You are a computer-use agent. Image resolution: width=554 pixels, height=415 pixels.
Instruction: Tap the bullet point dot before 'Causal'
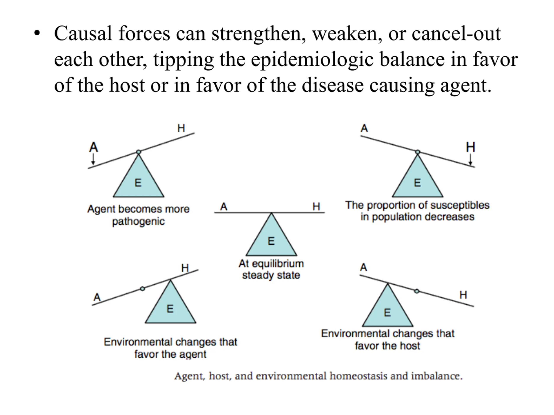pyautogui.click(x=37, y=33)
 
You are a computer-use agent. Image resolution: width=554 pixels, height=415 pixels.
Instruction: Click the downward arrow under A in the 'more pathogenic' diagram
pyautogui.click(x=93, y=159)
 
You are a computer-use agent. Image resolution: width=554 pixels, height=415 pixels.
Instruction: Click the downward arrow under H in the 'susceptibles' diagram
pyautogui.click(x=470, y=160)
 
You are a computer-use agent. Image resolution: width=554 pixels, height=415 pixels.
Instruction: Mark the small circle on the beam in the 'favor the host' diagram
pyautogui.click(x=417, y=291)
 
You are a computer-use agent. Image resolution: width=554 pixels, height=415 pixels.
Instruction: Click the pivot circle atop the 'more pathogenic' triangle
pyautogui.click(x=138, y=152)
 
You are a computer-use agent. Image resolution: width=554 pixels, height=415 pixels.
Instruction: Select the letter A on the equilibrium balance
pyautogui.click(x=224, y=207)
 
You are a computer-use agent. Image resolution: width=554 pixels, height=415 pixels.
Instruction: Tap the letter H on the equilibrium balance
pyautogui.click(x=316, y=207)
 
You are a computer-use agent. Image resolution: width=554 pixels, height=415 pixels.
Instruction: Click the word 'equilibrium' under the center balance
pyautogui.click(x=278, y=264)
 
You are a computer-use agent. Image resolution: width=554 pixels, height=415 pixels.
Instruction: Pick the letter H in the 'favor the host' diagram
pyautogui.click(x=463, y=295)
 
